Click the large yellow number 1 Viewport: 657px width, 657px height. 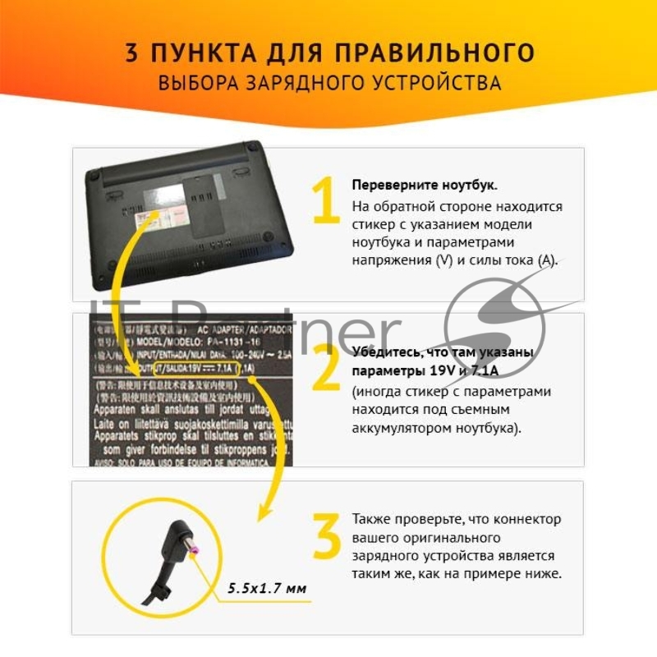[325, 200]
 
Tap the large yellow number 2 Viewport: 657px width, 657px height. [326, 368]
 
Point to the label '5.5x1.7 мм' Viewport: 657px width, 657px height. [267, 588]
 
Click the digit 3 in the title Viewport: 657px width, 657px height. [132, 53]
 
